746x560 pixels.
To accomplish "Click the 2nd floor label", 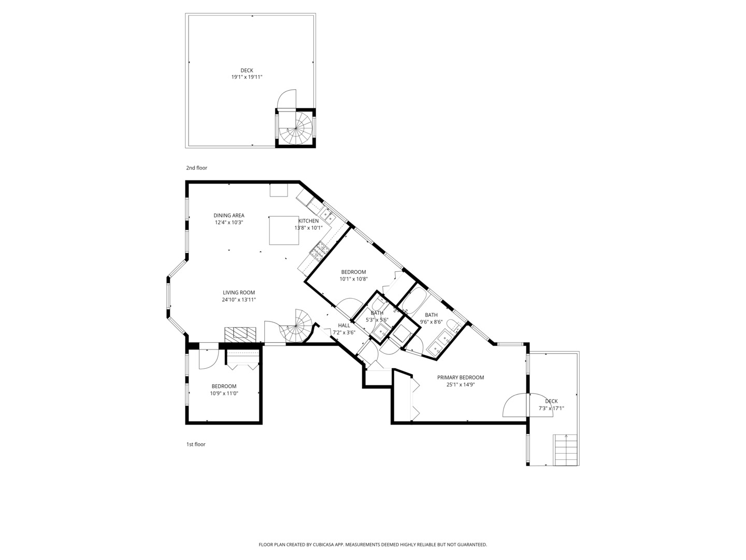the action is click(196, 167).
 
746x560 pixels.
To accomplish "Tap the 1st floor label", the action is click(196, 444).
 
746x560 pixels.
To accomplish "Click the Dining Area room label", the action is click(229, 215).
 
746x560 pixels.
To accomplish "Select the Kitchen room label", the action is click(309, 221).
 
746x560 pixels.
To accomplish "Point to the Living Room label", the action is click(239, 292).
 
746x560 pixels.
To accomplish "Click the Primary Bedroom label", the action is click(461, 377).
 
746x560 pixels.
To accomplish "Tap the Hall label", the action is click(344, 326).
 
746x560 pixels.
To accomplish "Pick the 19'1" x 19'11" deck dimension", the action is click(247, 77).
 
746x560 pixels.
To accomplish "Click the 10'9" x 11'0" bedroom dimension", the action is click(224, 394).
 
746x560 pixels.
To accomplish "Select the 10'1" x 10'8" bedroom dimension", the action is click(353, 279).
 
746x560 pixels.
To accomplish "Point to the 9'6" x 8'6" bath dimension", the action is click(431, 321).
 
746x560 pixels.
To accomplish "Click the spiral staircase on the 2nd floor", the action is click(296, 128).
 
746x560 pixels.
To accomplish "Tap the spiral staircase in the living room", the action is click(296, 326).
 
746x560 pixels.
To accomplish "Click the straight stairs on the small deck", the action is click(566, 450).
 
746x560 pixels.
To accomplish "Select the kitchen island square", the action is click(284, 230).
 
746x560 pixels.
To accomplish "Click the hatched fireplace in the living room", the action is click(240, 334).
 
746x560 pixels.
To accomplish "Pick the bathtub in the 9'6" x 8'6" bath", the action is click(413, 300).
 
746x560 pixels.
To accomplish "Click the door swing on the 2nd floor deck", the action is click(286, 99).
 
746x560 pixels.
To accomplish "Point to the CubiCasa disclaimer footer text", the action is click(373, 544).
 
